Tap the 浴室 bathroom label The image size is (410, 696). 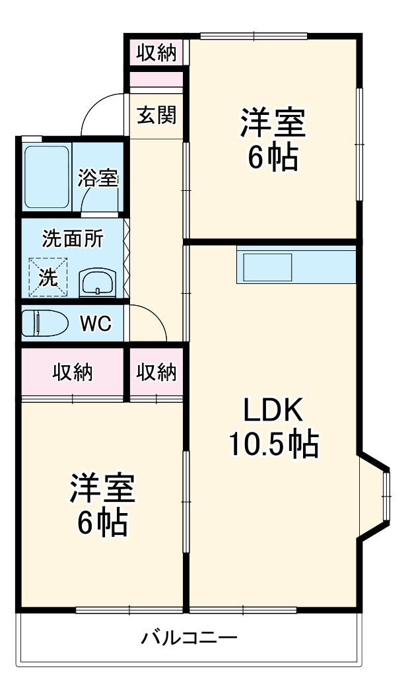point(98,178)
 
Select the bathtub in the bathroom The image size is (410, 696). point(47,176)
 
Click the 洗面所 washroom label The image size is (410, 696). point(73,238)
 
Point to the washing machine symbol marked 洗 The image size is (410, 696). point(48,277)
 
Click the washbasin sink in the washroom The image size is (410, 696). point(98,283)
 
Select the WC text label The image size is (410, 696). point(95,324)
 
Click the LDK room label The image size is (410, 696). point(273,411)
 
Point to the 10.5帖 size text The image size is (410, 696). point(273,445)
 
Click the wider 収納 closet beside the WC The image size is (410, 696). point(73,372)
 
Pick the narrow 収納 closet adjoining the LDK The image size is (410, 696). point(156,372)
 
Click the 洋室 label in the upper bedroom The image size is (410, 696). point(273,123)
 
